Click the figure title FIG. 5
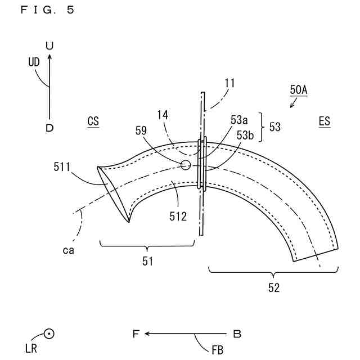pyautogui.click(x=47, y=10)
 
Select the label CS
pyautogui.click(x=93, y=121)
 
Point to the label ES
pyautogui.click(x=324, y=121)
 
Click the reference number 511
pyautogui.click(x=62, y=166)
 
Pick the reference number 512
pyautogui.click(x=178, y=215)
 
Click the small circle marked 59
pyautogui.click(x=185, y=164)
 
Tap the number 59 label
pyautogui.click(x=141, y=130)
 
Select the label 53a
pyautogui.click(x=239, y=119)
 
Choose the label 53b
pyautogui.click(x=245, y=135)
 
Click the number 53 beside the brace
pyautogui.click(x=274, y=127)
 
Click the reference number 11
pyautogui.click(x=229, y=83)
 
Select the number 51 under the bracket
pyautogui.click(x=147, y=261)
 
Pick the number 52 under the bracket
pyautogui.click(x=273, y=288)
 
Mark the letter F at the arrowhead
pyautogui.click(x=135, y=334)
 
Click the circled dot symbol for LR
pyautogui.click(x=49, y=334)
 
